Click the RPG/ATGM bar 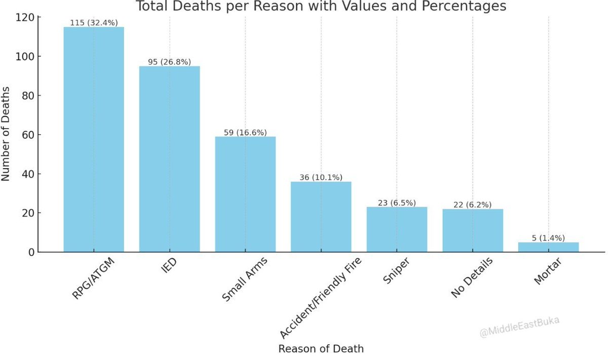coord(94,139)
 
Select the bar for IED coord(170,159)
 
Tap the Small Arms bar coord(245,194)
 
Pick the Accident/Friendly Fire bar coord(321,217)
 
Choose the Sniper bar coord(397,229)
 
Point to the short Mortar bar coord(549,247)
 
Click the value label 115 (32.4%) coord(94,23)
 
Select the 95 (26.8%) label coord(170,62)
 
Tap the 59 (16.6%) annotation coord(245,132)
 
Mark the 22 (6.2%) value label coord(473,205)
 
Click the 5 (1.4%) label coord(549,238)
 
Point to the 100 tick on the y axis coord(25,57)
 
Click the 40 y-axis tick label coord(28,174)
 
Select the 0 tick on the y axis coord(31,253)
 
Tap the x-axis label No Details coord(472,277)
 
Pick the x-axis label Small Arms coord(245,278)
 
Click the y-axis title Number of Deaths coord(6,134)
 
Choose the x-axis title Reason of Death coord(321,349)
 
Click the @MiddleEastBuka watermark coord(519,327)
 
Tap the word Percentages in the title coord(464,6)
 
